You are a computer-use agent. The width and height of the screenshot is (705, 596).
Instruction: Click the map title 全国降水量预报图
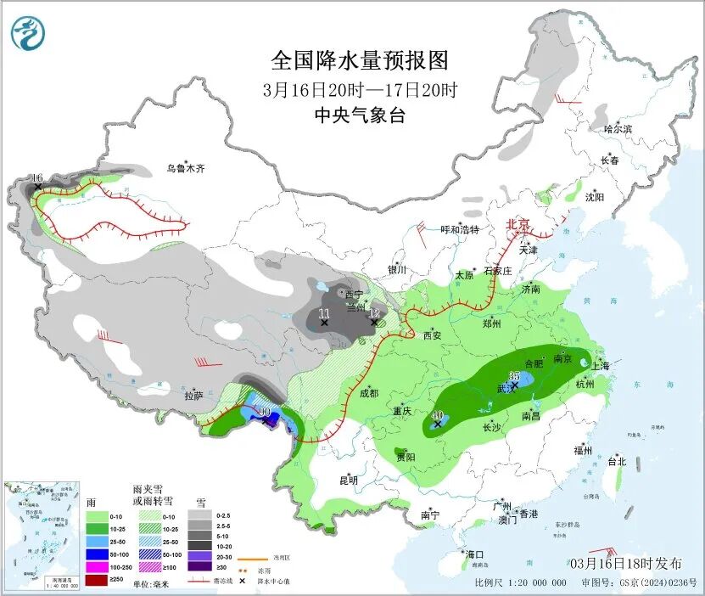359,60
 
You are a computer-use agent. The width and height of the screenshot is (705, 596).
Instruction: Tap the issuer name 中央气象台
359,115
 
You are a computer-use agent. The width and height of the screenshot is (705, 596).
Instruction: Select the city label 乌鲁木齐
185,169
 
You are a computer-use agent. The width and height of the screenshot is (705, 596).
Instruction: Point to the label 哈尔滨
618,129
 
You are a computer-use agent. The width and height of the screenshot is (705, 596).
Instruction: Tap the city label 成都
368,393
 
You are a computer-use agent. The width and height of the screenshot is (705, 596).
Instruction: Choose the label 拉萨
193,395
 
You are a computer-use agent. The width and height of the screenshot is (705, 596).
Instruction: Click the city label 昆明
349,480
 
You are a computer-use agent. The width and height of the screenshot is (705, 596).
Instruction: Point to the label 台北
616,462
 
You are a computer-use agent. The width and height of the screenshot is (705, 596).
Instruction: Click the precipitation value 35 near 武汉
514,375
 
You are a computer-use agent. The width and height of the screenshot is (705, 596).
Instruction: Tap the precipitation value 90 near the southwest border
264,412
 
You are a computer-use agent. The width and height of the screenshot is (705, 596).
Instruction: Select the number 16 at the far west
36,177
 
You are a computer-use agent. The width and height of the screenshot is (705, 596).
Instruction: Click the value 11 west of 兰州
323,313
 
